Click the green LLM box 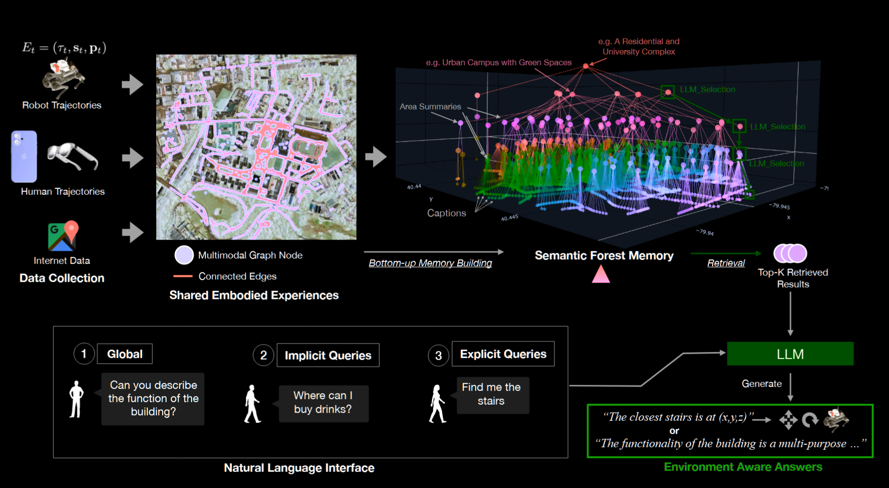tap(790, 354)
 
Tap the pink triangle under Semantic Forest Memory tap(601, 274)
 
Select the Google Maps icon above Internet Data tap(63, 236)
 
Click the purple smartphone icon tap(24, 156)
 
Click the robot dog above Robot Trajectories tap(63, 78)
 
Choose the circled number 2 tap(263, 355)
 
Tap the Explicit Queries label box tap(503, 354)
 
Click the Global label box tap(124, 354)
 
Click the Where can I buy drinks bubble tap(323, 403)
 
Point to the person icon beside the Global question tap(76, 399)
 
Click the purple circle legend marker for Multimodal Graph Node tap(184, 255)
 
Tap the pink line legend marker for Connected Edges tap(183, 276)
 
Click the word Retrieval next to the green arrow tap(726, 263)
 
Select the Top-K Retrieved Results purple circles tap(790, 253)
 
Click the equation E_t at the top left tap(64, 48)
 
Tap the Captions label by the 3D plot tap(446, 213)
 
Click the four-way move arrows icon tap(788, 420)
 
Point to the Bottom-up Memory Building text tap(430, 263)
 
